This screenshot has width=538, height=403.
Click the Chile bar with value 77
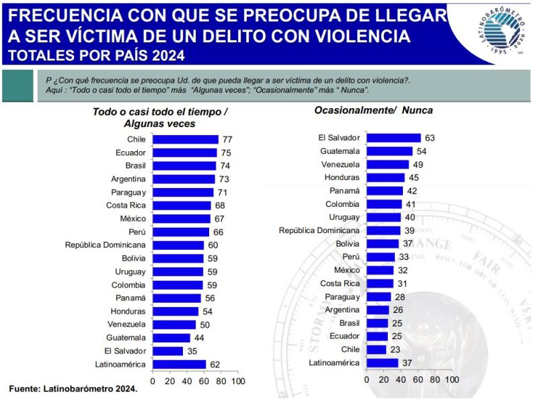tap(186, 140)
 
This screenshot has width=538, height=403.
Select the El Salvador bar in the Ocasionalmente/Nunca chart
tap(393, 138)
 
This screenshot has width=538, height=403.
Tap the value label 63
tap(430, 138)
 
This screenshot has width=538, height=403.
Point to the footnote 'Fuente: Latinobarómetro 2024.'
tap(73, 389)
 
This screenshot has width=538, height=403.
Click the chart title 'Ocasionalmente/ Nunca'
tap(373, 109)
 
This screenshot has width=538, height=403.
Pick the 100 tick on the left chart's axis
tap(237, 381)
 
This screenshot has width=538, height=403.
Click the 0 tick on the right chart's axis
tap(366, 379)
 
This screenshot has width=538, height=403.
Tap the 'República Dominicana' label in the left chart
tap(105, 245)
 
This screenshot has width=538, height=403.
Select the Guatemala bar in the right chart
tap(389, 151)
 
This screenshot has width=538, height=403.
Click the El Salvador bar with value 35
tap(168, 351)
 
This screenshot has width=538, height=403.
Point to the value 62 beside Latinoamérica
tap(216, 364)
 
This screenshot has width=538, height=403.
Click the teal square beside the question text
tap(17, 85)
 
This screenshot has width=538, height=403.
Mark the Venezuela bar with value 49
tap(387, 164)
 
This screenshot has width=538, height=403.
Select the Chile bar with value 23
tap(376, 349)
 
